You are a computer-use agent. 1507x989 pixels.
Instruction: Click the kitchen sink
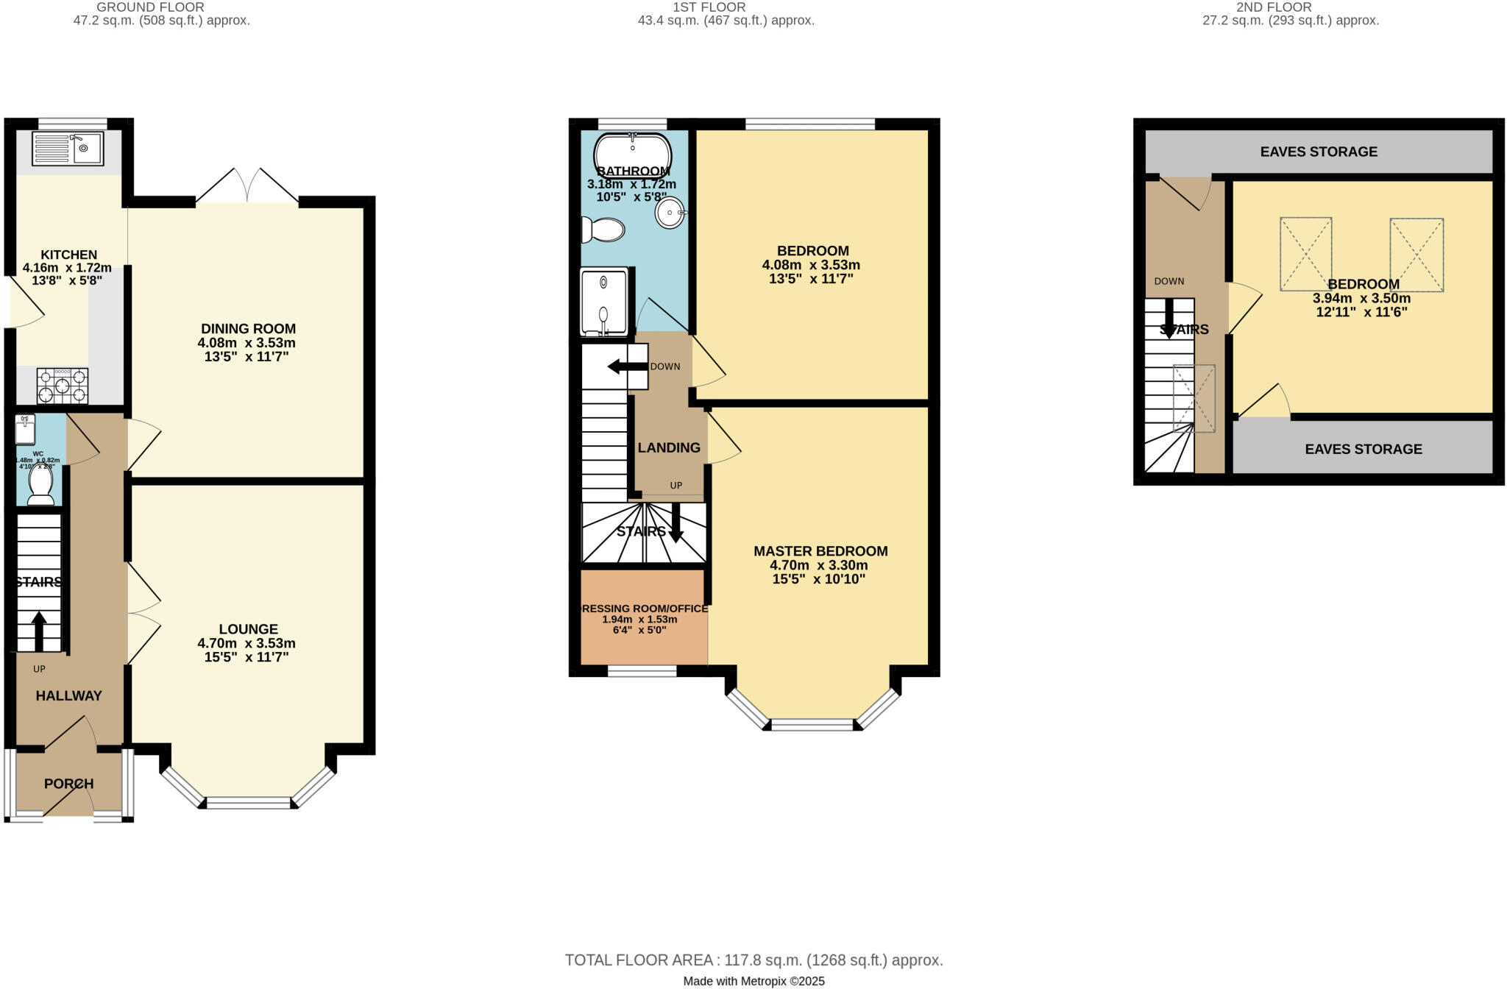coord(68,149)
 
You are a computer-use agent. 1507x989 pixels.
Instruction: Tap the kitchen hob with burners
coord(63,386)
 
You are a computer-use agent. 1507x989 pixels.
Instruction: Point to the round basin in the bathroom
coord(670,212)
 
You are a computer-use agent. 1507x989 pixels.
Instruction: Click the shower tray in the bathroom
coord(604,302)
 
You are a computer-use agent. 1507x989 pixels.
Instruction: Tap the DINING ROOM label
coord(248,329)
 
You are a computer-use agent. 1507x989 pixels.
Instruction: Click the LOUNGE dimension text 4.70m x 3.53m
coord(247,643)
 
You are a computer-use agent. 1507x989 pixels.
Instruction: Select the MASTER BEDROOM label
coord(820,551)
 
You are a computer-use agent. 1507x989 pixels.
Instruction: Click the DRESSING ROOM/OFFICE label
coord(645,609)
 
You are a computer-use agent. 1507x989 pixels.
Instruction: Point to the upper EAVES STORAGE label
coord(1319,152)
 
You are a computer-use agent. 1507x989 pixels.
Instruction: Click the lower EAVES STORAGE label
coord(1363,449)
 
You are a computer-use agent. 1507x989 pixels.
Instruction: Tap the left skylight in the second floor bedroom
coord(1305,254)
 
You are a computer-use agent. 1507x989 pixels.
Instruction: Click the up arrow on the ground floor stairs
coord(39,631)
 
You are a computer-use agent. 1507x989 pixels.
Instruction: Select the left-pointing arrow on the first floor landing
coord(625,366)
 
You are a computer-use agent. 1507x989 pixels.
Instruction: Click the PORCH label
coord(68,784)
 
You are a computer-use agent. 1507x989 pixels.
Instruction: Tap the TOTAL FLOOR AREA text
coord(753,960)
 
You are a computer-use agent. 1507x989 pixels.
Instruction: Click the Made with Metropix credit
coord(753,981)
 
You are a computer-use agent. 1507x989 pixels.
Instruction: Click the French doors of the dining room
coord(247,185)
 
